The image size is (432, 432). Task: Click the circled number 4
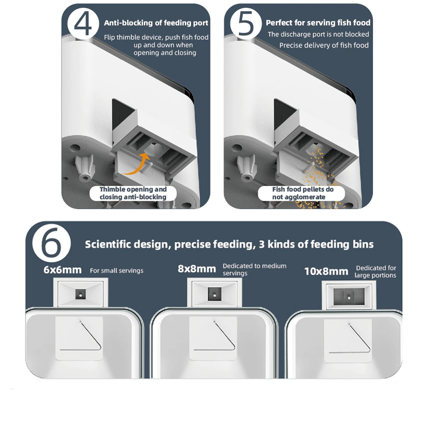click(83, 24)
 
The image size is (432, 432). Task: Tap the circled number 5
click(246, 24)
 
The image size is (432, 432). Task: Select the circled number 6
click(51, 243)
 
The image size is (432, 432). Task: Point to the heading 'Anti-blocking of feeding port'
click(156, 23)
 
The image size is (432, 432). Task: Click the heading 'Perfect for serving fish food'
click(318, 23)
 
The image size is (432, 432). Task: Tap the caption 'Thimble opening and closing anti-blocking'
click(133, 193)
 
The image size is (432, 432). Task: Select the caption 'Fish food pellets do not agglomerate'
click(302, 193)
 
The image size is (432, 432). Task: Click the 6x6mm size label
click(63, 270)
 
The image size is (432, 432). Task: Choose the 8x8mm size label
click(197, 269)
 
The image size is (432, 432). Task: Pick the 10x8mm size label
click(326, 272)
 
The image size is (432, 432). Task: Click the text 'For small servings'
click(117, 270)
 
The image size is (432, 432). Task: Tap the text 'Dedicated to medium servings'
click(254, 270)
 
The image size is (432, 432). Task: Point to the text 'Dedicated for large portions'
click(375, 272)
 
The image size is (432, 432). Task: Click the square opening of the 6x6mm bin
click(80, 294)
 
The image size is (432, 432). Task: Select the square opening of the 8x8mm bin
click(215, 294)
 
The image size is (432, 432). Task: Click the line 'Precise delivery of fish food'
click(324, 45)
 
